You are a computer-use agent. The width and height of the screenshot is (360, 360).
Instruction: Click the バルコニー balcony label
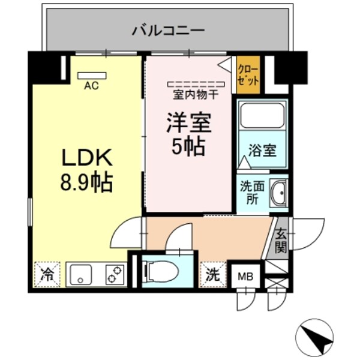169,29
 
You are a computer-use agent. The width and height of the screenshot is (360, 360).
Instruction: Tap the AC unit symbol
92,76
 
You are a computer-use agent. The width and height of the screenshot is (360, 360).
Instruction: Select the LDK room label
88,158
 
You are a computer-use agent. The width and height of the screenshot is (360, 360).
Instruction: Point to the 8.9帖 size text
88,182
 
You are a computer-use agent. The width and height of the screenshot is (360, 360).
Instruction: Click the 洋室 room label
188,124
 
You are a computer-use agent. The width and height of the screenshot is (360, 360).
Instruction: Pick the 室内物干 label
195,94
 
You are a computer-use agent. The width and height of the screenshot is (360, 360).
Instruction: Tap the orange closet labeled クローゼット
248,76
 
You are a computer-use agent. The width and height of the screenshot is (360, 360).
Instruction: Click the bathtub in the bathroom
262,116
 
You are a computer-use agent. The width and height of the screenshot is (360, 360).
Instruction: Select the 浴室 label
263,150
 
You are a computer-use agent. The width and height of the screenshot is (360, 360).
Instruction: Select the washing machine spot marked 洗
213,275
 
